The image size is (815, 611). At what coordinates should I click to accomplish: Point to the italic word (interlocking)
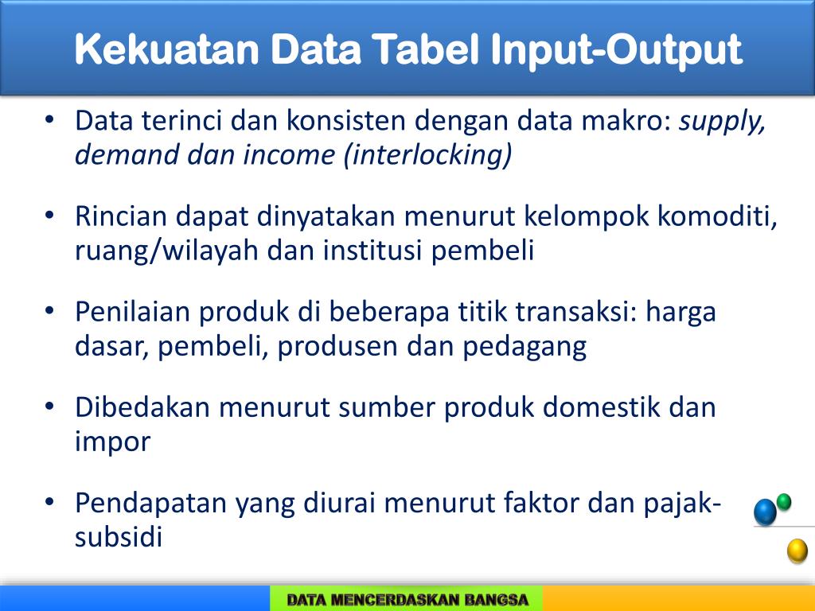[427, 155]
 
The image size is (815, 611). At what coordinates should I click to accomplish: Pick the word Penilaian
[132, 312]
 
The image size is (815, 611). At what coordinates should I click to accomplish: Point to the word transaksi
[577, 312]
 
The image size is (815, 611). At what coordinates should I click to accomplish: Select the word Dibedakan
[143, 407]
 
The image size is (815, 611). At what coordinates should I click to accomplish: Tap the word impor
[112, 442]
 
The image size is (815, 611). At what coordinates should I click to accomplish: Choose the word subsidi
[119, 537]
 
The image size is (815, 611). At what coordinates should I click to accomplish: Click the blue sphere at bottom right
[765, 512]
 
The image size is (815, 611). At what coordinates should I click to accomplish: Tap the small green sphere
[784, 501]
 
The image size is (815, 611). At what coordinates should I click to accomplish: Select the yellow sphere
[797, 551]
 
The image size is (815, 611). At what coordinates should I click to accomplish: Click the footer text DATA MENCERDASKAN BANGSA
[407, 599]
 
